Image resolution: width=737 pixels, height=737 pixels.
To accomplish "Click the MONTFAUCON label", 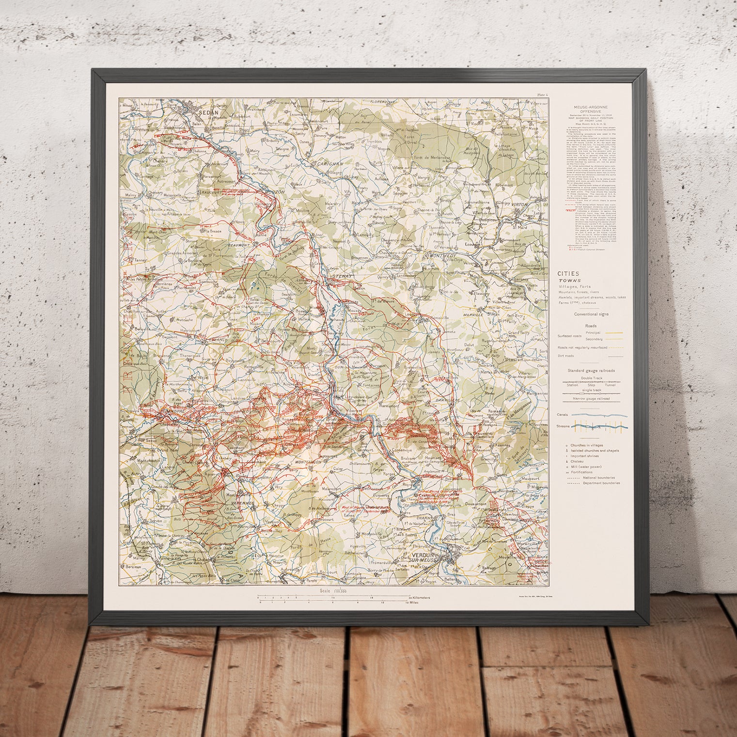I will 305,463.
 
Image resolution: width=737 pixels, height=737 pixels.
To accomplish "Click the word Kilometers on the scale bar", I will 420,598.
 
